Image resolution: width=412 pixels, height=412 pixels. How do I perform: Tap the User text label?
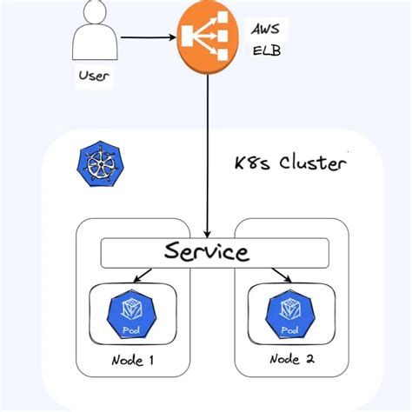click(94, 76)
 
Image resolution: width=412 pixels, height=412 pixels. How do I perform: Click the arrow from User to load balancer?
click(148, 38)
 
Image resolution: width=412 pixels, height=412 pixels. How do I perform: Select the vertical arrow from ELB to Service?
click(207, 156)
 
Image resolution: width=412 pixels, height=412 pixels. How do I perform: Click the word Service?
click(207, 253)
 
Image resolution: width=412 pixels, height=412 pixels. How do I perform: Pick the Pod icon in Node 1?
click(131, 314)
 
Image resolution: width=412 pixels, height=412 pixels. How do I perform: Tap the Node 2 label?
click(289, 360)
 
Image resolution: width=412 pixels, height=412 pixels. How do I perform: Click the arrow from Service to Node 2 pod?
click(280, 276)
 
